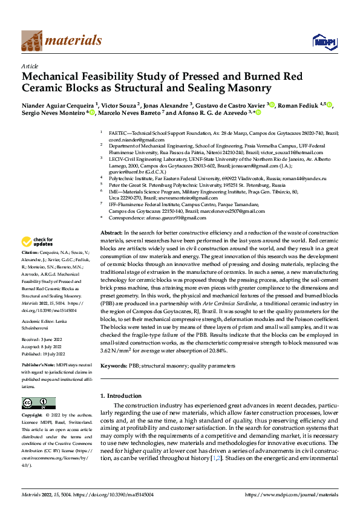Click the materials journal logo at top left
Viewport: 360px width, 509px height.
[x=61, y=41]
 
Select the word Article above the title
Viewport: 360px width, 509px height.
[x=30, y=65]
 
